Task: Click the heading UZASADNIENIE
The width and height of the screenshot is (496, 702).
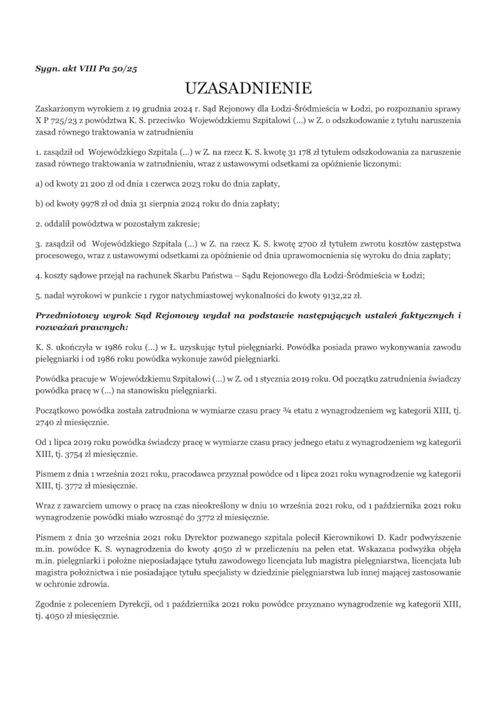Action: coord(248,86)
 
